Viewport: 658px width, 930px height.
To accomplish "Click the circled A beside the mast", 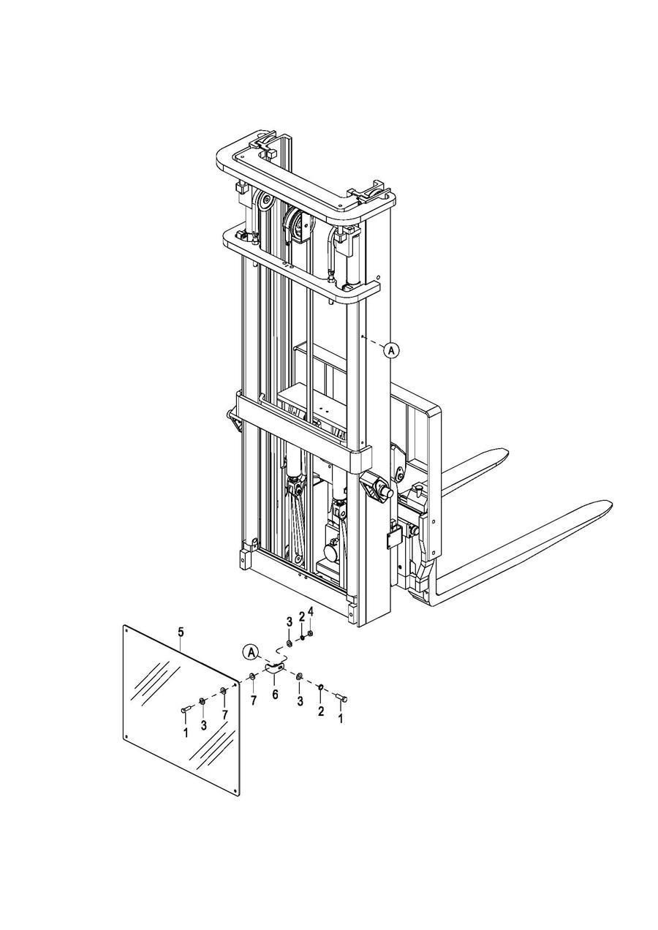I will [x=392, y=350].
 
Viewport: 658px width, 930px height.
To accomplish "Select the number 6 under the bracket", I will [x=275, y=695].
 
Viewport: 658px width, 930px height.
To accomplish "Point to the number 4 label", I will [x=311, y=611].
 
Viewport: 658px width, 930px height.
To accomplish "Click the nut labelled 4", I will [x=311, y=632].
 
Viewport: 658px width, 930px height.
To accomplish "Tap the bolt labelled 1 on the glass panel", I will [x=184, y=709].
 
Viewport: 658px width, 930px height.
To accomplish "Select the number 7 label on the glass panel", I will [x=224, y=714].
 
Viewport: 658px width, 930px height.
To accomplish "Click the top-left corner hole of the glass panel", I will [x=126, y=629].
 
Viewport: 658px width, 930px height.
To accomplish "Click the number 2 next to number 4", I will [x=301, y=617].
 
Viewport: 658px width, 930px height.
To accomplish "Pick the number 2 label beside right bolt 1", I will [x=320, y=712].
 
